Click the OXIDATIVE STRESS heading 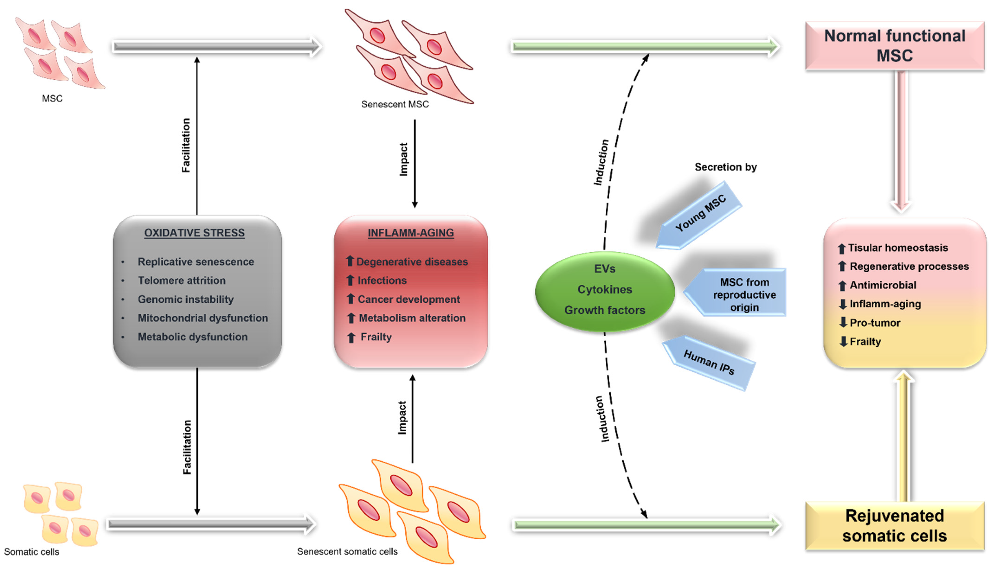195,233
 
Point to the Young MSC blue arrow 699,215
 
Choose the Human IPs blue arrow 708,362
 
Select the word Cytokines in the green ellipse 605,290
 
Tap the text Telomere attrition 182,280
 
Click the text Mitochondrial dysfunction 203,318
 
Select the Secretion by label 726,167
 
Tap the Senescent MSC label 395,104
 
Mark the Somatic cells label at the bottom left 32,552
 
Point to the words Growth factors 605,310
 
